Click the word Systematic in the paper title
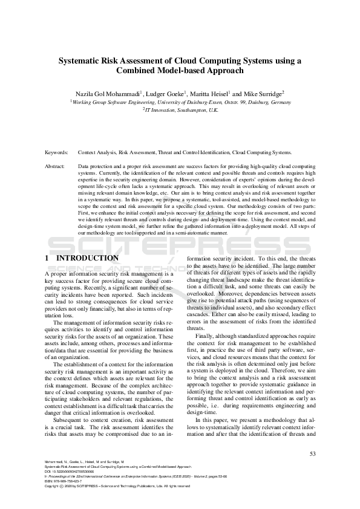point(80,60)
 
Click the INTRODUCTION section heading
point(88,258)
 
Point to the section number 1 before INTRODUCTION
point(47,258)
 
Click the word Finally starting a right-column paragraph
point(205,336)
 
